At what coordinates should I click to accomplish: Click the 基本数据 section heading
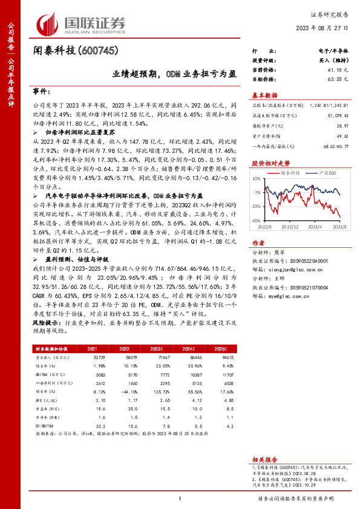click(264, 96)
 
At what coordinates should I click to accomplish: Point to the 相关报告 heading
click(264, 460)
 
